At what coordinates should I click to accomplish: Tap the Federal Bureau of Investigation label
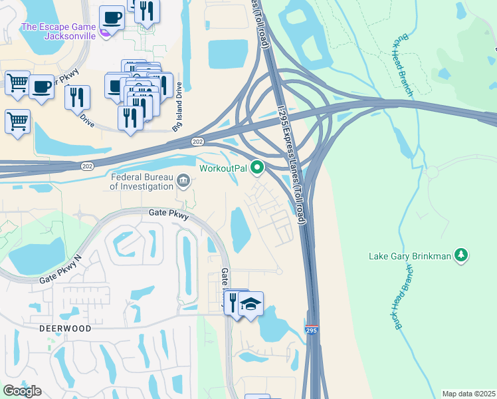tap(142, 182)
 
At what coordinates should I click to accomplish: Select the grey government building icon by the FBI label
tap(183, 180)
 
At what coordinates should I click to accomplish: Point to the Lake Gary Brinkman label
tap(410, 255)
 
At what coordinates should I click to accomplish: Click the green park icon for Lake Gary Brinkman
tap(460, 255)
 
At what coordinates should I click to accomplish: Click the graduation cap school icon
tap(251, 304)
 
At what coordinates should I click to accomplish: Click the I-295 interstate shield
tap(312, 331)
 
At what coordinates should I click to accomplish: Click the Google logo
tap(22, 391)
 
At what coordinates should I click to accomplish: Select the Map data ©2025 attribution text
tap(468, 394)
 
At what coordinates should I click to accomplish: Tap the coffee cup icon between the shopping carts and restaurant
tap(42, 86)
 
